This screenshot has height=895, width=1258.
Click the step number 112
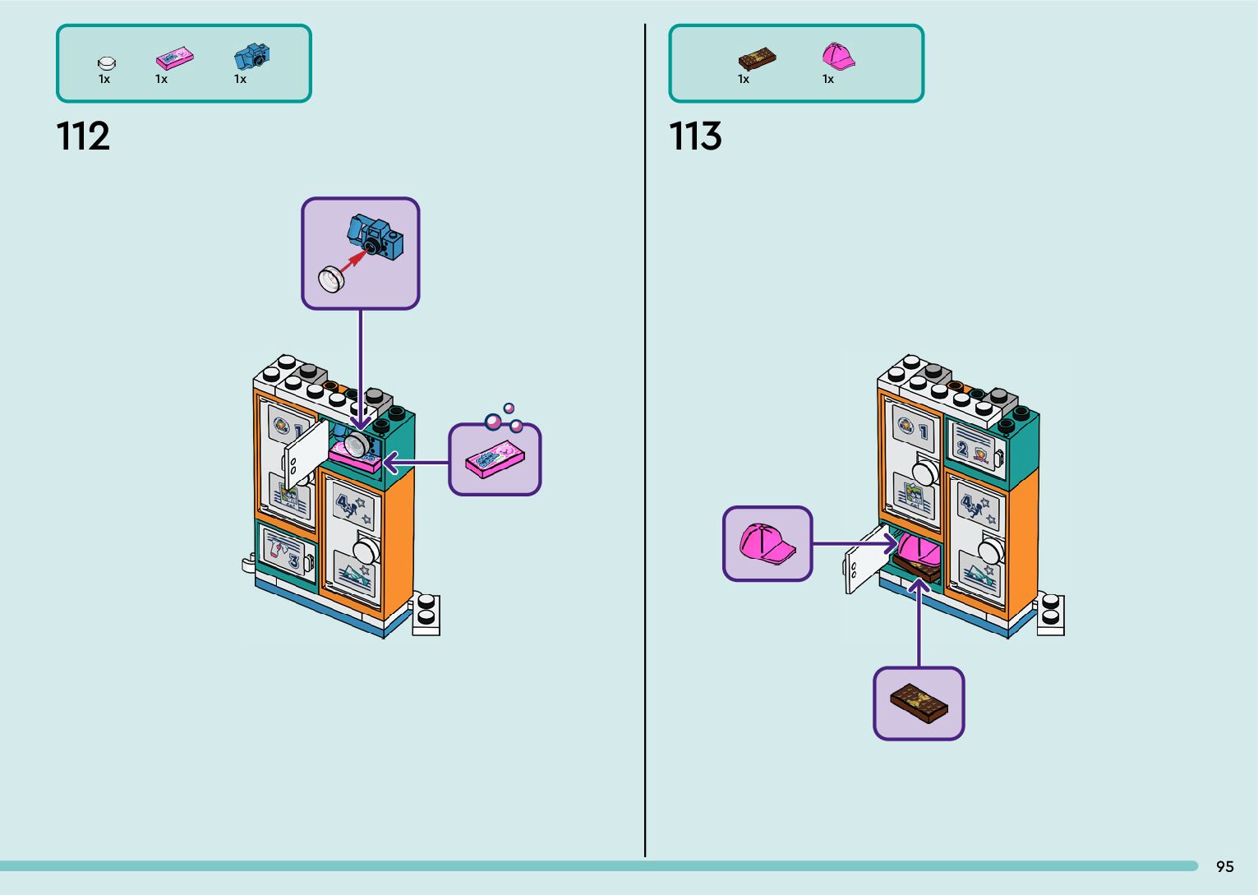tap(83, 136)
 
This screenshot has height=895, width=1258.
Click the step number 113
tap(695, 136)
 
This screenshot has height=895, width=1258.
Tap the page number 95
tap(1224, 866)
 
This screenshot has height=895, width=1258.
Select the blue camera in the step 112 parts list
tap(251, 57)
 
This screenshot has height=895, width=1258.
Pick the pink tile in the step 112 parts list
tap(174, 58)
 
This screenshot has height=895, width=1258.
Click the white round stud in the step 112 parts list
tap(106, 62)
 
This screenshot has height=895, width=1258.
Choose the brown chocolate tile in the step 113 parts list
tap(757, 59)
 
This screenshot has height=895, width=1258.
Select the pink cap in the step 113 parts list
tap(837, 57)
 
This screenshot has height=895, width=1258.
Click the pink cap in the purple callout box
tap(766, 543)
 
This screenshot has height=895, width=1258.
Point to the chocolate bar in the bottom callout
tap(919, 704)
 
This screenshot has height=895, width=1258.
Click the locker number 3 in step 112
tap(293, 561)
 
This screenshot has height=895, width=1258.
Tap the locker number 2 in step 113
tap(961, 449)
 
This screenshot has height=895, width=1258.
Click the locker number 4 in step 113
tap(967, 501)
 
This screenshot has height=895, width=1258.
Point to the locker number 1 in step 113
tap(924, 431)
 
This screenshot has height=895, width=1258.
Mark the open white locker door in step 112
tap(305, 457)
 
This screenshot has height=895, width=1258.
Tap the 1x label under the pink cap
tap(828, 80)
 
